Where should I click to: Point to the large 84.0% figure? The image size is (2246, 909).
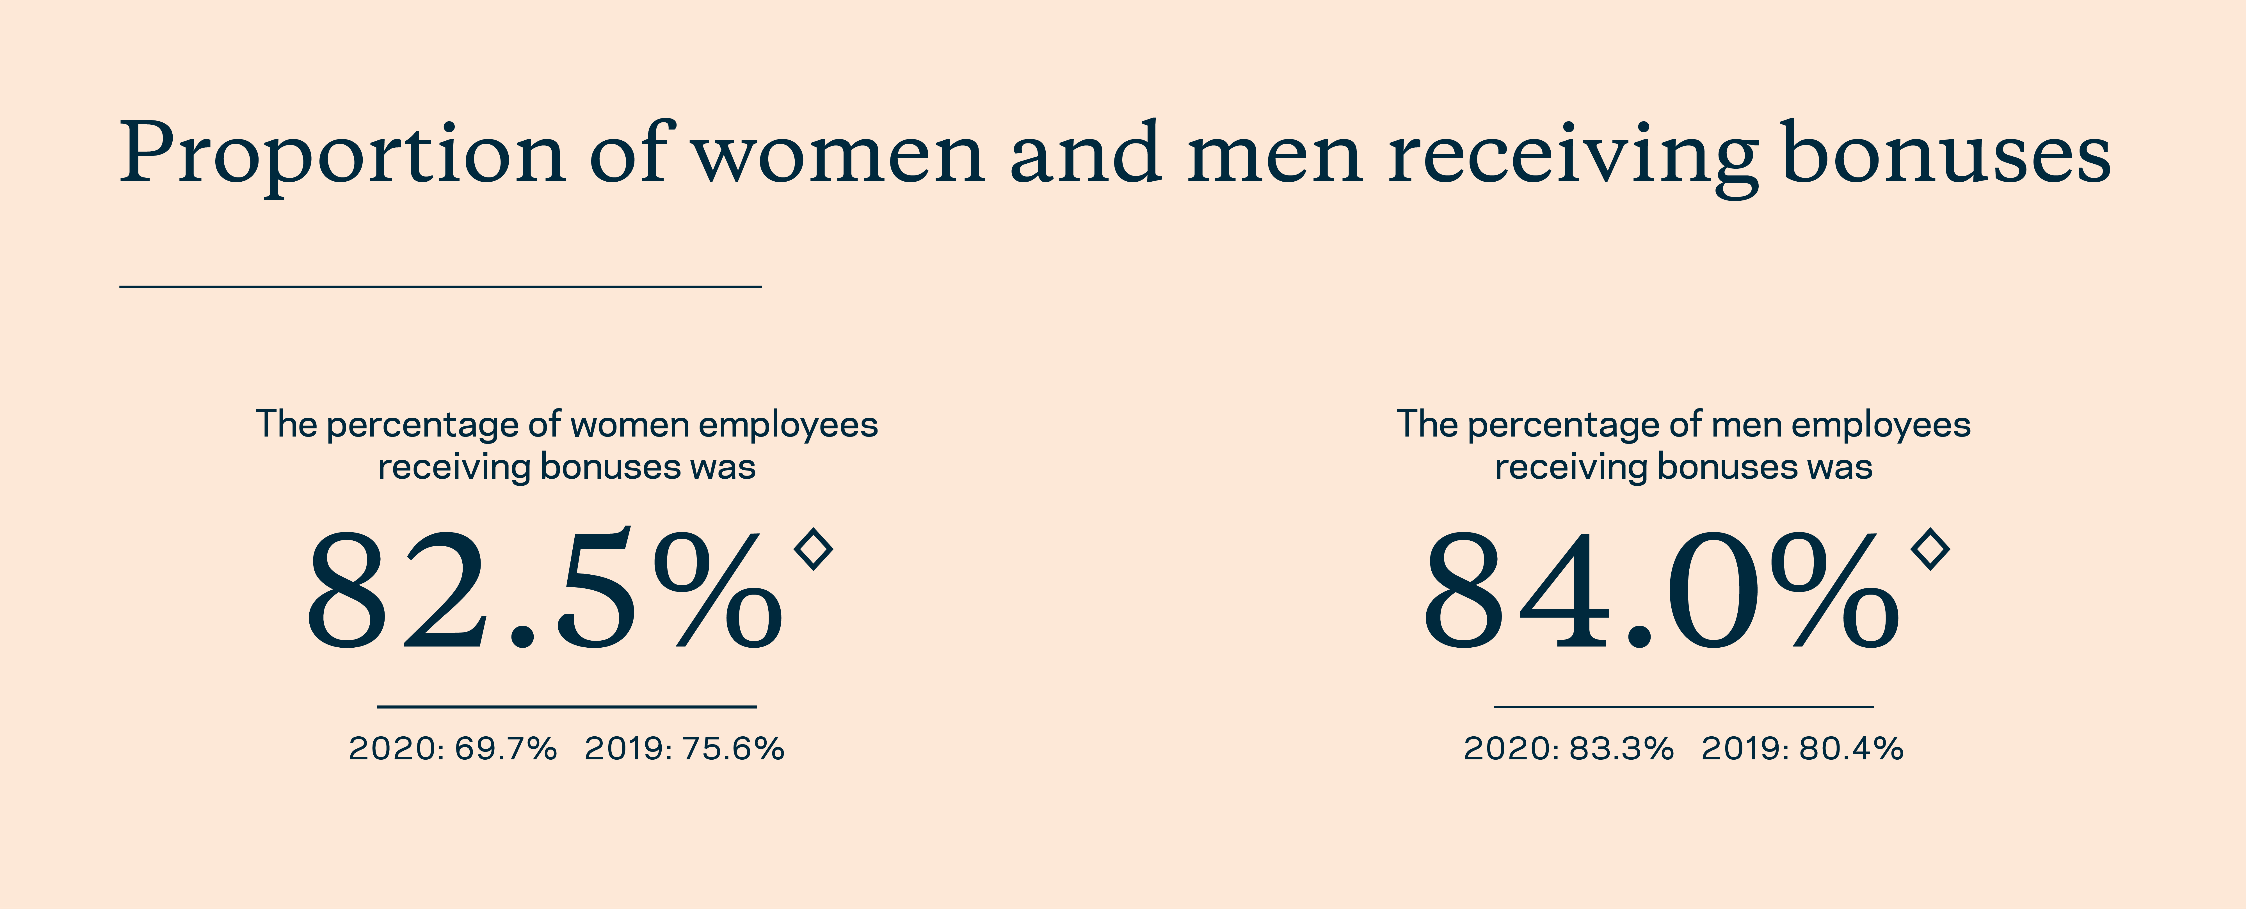tap(1661, 590)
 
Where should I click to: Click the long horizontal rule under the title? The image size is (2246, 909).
tap(440, 286)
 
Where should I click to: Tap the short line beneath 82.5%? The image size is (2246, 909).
tap(567, 706)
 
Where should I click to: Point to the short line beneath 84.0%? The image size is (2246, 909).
tap(1684, 706)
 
